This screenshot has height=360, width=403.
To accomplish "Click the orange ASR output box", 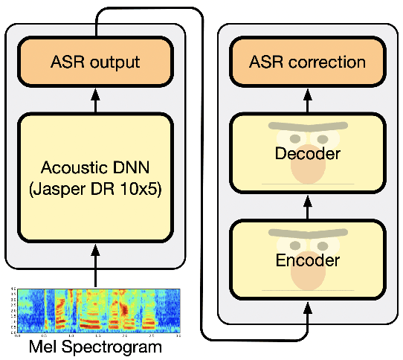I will pyautogui.click(x=95, y=61).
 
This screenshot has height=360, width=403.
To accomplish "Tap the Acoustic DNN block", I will pyautogui.click(x=95, y=178).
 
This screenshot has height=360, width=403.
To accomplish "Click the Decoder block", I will pyautogui.click(x=308, y=154).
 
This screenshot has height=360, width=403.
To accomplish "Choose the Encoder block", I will pyautogui.click(x=308, y=260).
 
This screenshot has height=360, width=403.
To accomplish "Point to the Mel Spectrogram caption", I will pyautogui.click(x=95, y=347).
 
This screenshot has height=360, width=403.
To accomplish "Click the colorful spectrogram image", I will pyautogui.click(x=95, y=310).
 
